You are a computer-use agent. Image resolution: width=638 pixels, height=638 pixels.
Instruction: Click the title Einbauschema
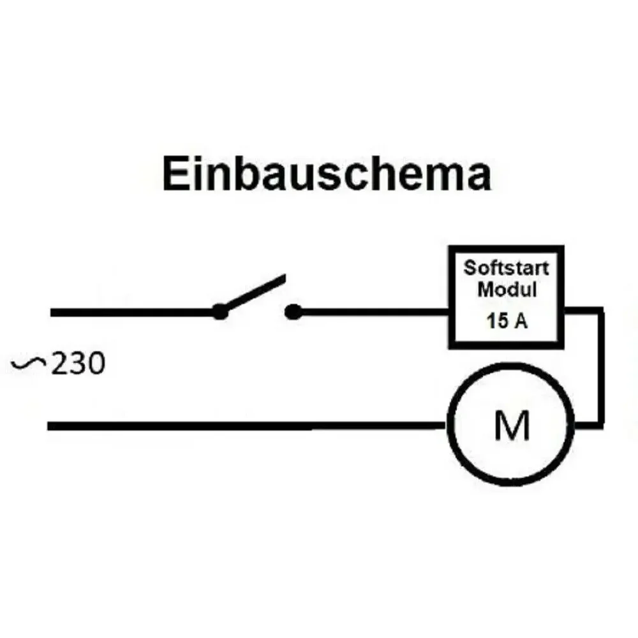pos(327,174)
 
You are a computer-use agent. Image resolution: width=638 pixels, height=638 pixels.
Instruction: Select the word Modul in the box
pos(508,289)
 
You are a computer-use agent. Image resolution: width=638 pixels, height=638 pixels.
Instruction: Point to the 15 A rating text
pos(507,321)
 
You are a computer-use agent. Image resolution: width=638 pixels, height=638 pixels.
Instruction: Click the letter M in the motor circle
pos(512,426)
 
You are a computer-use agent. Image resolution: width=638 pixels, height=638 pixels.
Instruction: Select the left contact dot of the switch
pos(219,312)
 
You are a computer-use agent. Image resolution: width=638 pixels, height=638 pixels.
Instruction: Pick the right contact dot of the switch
pos(293,312)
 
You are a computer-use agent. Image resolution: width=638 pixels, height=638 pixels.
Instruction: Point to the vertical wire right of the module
pos(600,367)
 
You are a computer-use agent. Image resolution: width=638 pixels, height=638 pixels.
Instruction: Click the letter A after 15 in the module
pos(521,321)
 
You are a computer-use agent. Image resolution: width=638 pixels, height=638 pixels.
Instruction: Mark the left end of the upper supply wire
pos(53,313)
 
